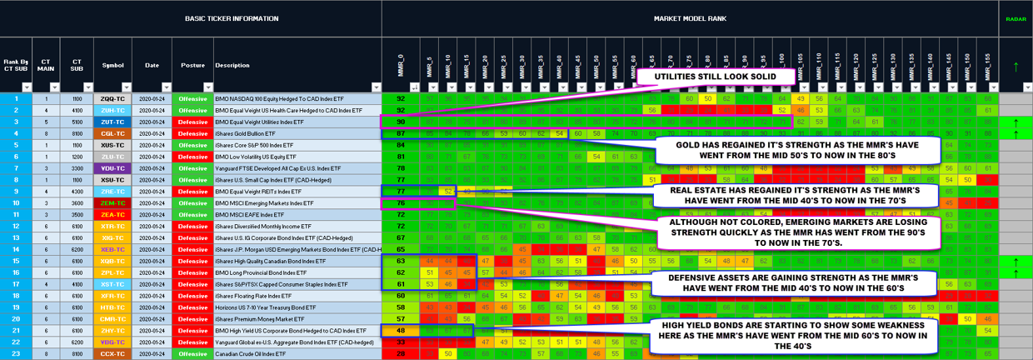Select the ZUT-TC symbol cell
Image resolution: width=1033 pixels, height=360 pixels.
112,122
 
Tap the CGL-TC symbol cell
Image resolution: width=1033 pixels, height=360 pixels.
112,133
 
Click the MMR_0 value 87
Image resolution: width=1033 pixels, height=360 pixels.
401,133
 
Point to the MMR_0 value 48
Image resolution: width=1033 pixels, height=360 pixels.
401,330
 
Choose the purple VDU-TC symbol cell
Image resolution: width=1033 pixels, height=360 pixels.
112,168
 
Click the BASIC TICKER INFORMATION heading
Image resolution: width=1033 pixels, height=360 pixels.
191,18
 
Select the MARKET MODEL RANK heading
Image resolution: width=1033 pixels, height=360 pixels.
690,18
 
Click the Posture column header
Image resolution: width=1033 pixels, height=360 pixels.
192,65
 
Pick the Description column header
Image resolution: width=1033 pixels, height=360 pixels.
232,65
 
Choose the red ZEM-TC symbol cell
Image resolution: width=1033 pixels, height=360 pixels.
112,202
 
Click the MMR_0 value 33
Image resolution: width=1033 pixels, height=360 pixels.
401,342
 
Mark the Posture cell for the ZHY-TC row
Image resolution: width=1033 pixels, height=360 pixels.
192,330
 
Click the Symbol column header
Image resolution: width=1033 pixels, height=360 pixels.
112,65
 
